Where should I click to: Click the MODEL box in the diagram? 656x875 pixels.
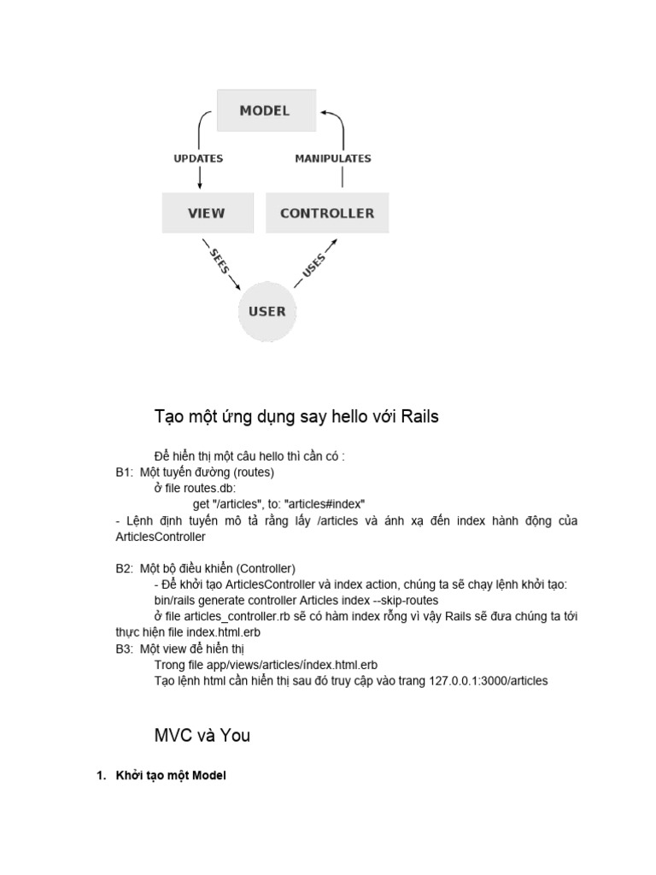(265, 111)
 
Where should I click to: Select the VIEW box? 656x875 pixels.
(207, 213)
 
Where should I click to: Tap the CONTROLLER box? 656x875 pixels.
(320, 213)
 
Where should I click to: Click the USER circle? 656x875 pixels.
(266, 311)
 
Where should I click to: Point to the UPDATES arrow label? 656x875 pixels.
(198, 159)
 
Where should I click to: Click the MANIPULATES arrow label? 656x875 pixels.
(333, 159)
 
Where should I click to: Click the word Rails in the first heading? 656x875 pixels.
(417, 417)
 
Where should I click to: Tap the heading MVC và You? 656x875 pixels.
(202, 735)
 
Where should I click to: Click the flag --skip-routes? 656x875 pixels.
(407, 601)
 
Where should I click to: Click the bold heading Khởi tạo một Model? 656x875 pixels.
(171, 776)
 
